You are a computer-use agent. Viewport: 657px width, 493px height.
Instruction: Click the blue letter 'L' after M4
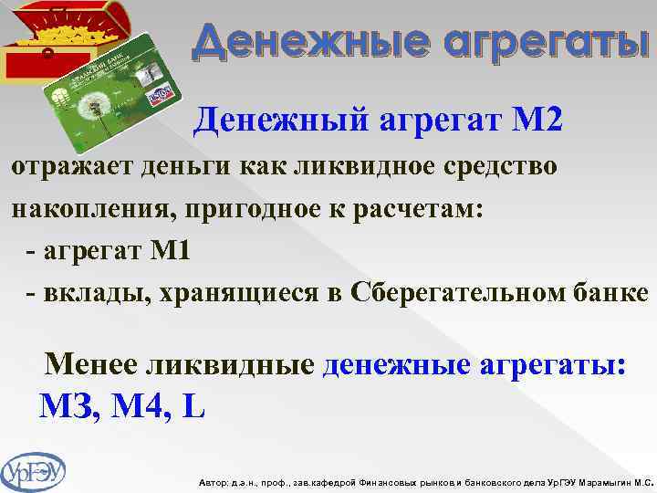pyautogui.click(x=193, y=404)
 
